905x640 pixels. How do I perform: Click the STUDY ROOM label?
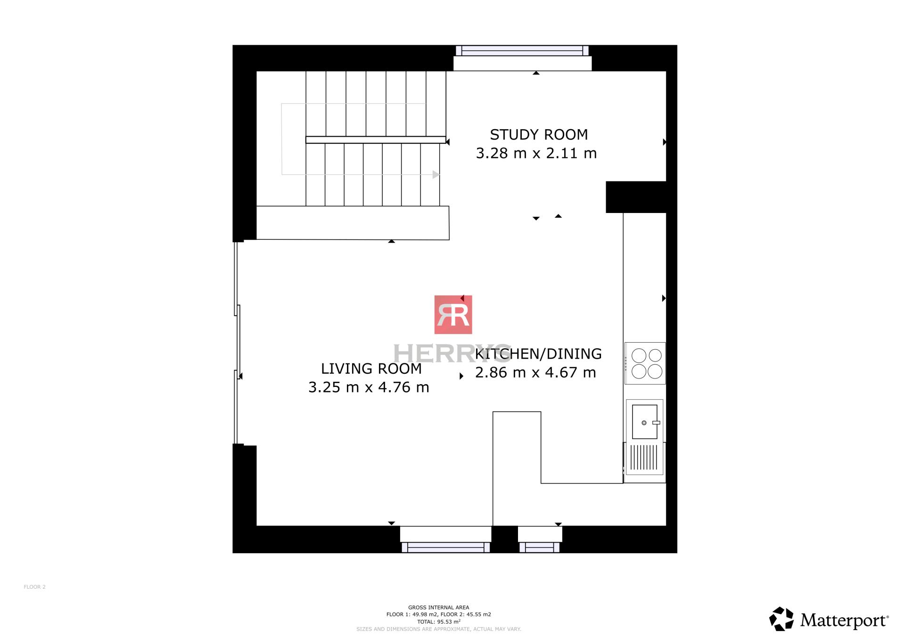click(539, 135)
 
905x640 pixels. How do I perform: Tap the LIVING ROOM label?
click(371, 369)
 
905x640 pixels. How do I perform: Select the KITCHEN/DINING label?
click(538, 354)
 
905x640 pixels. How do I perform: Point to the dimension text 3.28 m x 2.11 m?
click(536, 153)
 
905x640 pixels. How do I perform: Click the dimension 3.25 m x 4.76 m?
click(369, 387)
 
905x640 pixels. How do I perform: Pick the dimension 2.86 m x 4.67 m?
click(535, 373)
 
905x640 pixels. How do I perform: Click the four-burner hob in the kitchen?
click(645, 363)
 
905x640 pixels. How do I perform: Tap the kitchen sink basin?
click(644, 422)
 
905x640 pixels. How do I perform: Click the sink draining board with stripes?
click(644, 458)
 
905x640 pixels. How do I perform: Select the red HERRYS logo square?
click(453, 315)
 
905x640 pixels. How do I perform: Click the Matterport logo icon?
click(782, 619)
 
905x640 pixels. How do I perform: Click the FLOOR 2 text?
click(35, 587)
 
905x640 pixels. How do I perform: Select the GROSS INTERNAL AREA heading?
click(438, 607)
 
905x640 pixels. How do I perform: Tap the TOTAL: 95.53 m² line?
click(438, 622)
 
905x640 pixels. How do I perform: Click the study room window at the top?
click(522, 51)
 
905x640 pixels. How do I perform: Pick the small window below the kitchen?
click(540, 547)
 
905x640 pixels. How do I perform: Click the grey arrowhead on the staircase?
click(436, 174)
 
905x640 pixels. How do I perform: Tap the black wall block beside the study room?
click(636, 197)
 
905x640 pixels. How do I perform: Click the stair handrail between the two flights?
click(376, 140)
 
